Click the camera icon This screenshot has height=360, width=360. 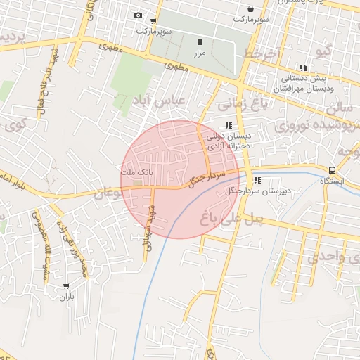[138, 15]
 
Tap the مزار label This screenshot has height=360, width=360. [200, 53]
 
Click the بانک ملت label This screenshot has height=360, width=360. [136, 172]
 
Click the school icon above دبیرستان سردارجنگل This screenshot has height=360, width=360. [258, 179]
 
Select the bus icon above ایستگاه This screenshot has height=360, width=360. [331, 169]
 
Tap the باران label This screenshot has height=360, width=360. [66, 297]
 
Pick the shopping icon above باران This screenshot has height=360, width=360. [66, 286]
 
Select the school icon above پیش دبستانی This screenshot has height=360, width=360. [303, 68]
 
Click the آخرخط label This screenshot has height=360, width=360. [262, 54]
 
